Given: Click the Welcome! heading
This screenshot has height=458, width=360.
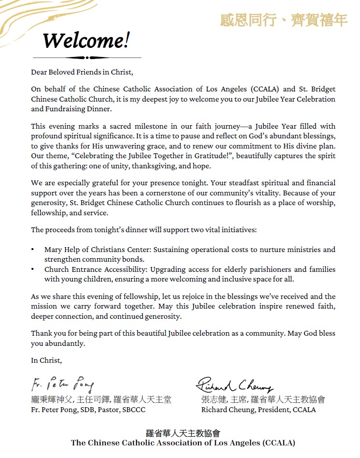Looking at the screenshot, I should (x=86, y=41).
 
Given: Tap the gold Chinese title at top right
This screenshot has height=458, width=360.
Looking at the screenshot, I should (x=284, y=20).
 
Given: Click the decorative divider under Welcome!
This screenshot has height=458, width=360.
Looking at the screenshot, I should (x=87, y=58).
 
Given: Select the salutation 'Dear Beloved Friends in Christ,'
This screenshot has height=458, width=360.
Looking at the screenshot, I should (x=81, y=72).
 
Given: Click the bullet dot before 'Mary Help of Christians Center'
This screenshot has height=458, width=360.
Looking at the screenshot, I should (x=32, y=250).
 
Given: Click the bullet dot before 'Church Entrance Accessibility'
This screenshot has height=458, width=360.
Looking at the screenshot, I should (x=32, y=269).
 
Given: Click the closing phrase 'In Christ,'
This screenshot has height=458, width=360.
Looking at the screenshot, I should (x=46, y=360).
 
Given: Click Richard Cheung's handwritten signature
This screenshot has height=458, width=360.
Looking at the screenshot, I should (x=235, y=384).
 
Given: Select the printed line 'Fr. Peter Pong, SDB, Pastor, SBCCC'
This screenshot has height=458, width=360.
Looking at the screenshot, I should (x=88, y=410).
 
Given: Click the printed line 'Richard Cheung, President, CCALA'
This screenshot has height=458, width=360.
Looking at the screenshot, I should (x=258, y=410).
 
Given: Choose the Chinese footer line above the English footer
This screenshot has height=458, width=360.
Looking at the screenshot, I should (x=182, y=433).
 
